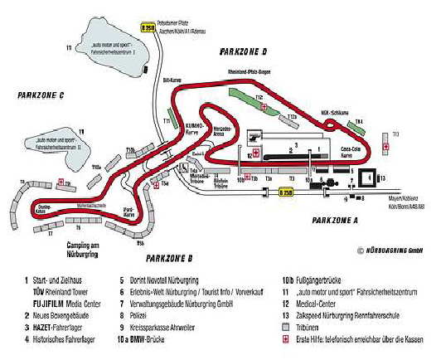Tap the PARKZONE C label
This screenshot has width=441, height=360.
[x=41, y=95]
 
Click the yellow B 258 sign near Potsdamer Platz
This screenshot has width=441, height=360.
[x=148, y=27]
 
